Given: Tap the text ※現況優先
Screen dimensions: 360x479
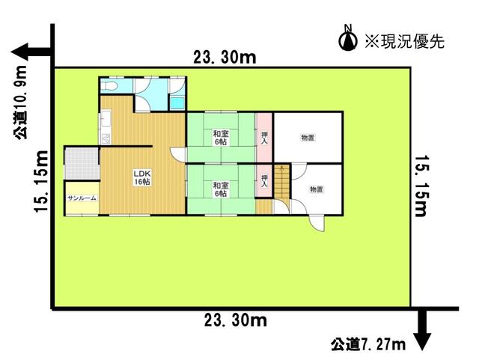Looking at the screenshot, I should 403,42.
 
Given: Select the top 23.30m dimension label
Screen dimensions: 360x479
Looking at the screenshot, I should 224,57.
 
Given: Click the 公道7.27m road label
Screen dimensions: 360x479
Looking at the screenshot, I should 367,344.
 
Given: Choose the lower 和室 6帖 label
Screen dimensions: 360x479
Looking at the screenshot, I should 219,189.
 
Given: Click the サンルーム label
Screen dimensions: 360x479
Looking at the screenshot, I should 80,198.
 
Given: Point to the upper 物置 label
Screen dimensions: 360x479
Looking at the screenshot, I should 307,138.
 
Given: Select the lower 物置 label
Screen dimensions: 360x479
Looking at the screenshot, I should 316,190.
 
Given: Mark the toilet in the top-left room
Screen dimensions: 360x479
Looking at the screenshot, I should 110,88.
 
